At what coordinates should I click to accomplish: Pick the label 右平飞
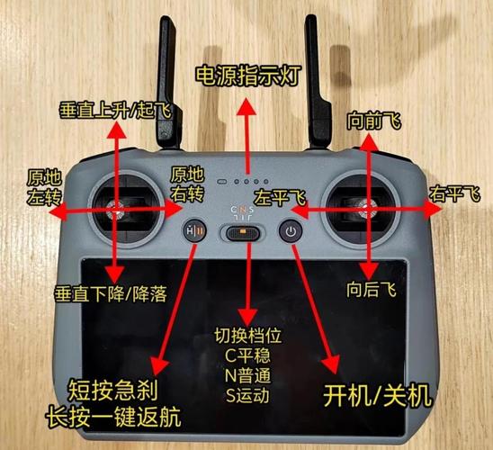click(454, 193)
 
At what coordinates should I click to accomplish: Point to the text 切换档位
click(245, 335)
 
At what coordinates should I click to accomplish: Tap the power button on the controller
click(289, 231)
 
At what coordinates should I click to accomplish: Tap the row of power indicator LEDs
click(244, 180)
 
